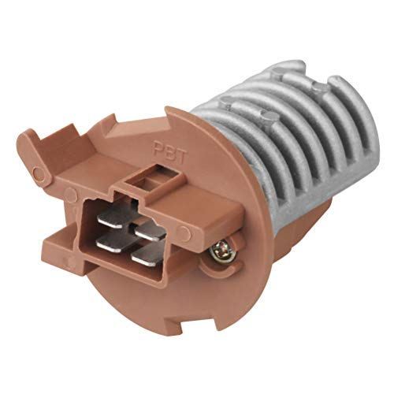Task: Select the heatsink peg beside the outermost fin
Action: tap(314, 79)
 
